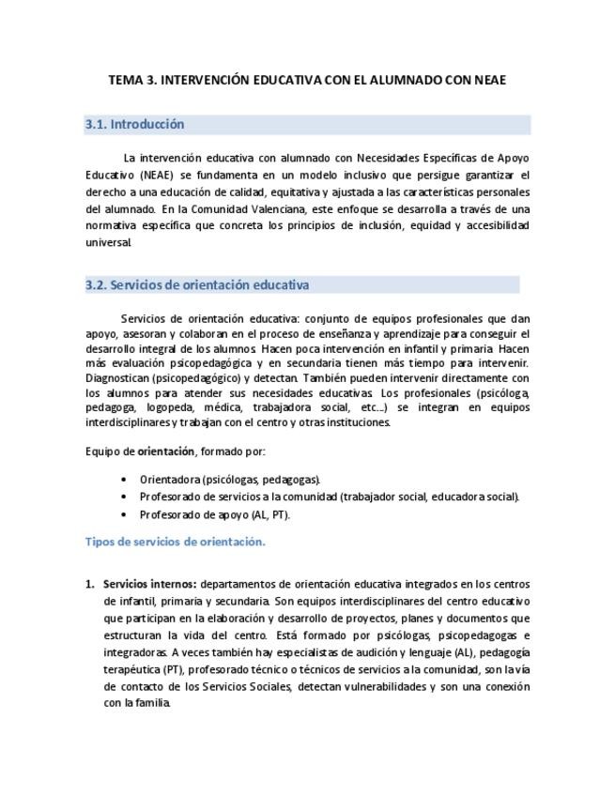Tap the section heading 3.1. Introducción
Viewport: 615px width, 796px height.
pyautogui.click(x=135, y=125)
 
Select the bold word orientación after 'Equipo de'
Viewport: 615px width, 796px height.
pyautogui.click(x=166, y=451)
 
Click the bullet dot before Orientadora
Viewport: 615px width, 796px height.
pyautogui.click(x=124, y=479)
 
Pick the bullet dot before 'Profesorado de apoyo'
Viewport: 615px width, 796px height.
pyautogui.click(x=124, y=514)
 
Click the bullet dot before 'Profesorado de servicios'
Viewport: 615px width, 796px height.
pyautogui.click(x=124, y=497)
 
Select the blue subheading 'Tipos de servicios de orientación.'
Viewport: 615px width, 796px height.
pyautogui.click(x=176, y=542)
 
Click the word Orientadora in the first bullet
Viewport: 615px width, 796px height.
pyautogui.click(x=169, y=479)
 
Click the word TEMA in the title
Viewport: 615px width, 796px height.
pyautogui.click(x=126, y=80)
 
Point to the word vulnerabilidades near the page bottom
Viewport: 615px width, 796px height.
pyautogui.click(x=379, y=686)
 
